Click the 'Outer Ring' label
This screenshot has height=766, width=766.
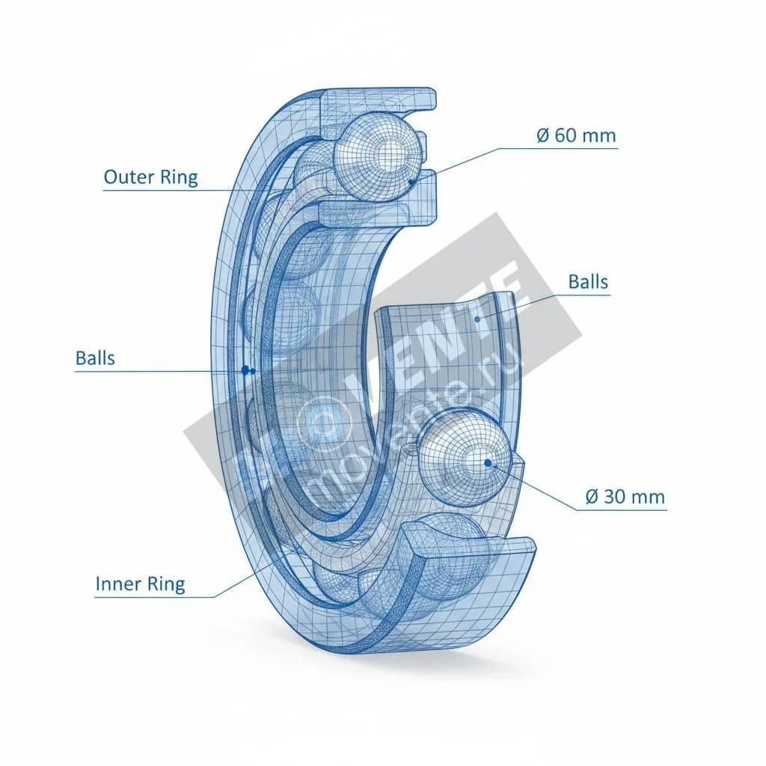point(151,177)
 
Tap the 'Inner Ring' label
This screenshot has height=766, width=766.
point(140,583)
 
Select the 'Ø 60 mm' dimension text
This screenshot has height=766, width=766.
point(577,135)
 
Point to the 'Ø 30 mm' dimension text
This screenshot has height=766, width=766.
point(625,497)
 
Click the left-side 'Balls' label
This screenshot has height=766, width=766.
point(95,358)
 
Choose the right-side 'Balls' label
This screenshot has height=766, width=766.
point(588,282)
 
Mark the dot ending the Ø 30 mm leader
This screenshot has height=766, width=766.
point(488,462)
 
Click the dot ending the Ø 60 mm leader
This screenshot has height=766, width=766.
point(411,182)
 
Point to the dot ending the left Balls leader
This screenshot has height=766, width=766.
point(245,370)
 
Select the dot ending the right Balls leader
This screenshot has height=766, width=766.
point(477,319)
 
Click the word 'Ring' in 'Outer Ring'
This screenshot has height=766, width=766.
point(180,178)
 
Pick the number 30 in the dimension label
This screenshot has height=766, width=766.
point(615,497)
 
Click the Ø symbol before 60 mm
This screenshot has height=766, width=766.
point(543,135)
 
